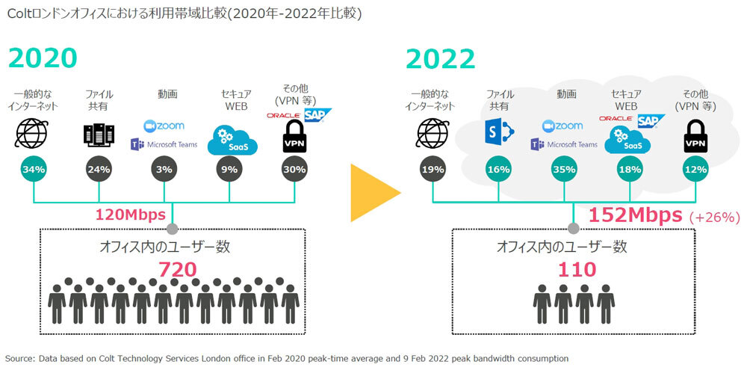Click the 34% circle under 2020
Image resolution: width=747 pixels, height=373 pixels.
(34, 169)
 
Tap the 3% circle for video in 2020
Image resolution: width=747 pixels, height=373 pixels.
(164, 169)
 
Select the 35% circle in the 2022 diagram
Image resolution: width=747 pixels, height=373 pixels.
(565, 169)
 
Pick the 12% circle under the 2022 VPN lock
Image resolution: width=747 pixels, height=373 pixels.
(695, 169)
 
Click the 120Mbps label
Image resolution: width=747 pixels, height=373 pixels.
(131, 215)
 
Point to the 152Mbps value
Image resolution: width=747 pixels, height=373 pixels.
(636, 215)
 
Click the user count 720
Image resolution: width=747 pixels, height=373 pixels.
(177, 270)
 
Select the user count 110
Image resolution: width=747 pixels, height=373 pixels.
(577, 270)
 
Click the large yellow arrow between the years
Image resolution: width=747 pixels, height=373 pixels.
(373, 193)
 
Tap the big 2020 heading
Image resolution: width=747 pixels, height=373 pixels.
(43, 58)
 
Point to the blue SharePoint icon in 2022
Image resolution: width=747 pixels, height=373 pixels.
(498, 132)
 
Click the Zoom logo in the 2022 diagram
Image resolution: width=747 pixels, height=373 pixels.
(562, 126)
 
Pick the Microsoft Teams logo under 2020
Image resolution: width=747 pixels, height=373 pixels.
(164, 144)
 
